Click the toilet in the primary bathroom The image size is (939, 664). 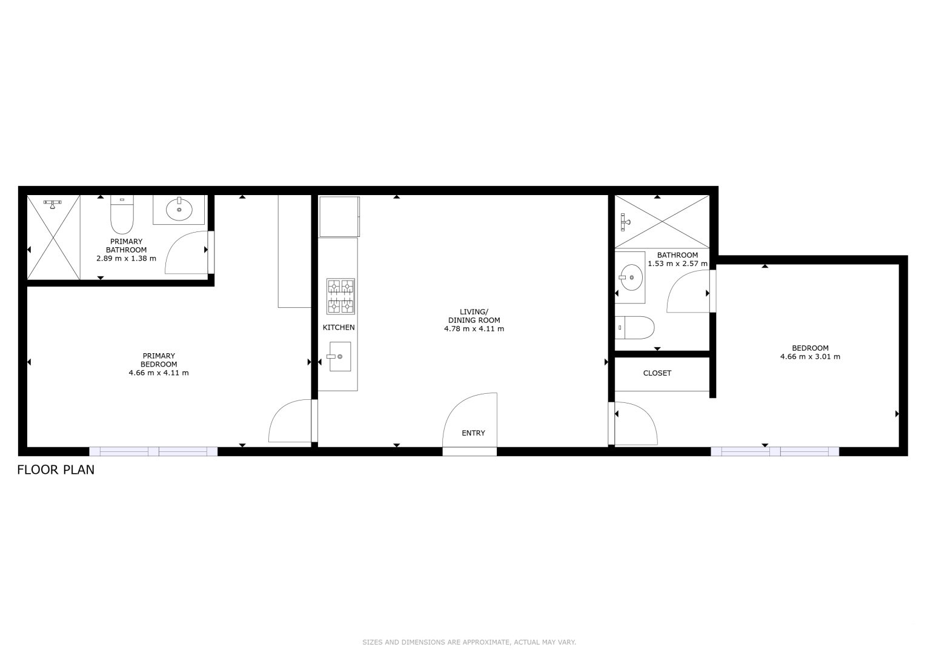tap(122, 214)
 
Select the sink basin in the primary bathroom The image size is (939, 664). tap(179, 210)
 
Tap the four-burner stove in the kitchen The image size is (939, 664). tap(341, 296)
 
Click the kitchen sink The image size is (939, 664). tap(340, 356)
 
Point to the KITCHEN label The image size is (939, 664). tap(339, 327)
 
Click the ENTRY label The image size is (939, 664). tap(473, 433)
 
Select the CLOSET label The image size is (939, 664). tap(657, 373)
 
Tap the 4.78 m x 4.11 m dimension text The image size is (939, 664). tap(474, 328)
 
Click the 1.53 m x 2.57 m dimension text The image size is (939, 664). tap(678, 264)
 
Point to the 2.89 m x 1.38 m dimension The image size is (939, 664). tap(126, 259)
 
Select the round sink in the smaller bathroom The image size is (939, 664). tap(631, 277)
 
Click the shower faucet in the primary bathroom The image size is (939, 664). tap(52, 204)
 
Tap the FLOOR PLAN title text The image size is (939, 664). tap(56, 470)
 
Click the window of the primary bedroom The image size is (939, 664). tap(153, 451)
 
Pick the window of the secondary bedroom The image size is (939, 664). tap(775, 451)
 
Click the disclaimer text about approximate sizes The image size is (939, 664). tap(469, 642)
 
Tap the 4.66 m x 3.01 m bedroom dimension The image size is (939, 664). tap(811, 357)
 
